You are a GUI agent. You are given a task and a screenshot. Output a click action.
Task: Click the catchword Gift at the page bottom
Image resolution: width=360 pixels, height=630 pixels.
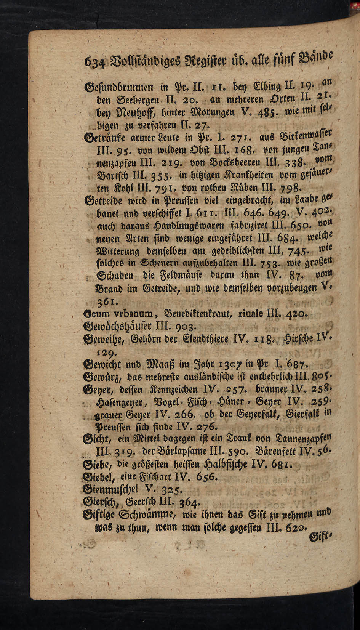321,538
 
